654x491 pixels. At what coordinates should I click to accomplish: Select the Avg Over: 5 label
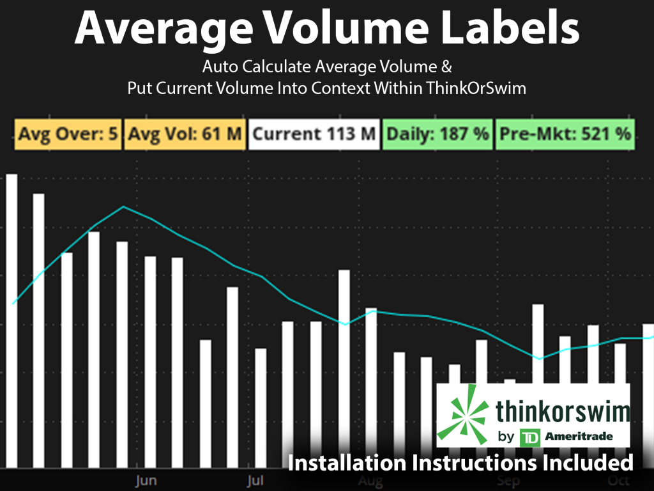tap(68, 134)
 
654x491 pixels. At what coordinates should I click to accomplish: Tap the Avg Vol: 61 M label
tap(185, 134)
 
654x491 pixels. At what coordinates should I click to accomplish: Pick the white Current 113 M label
tap(314, 134)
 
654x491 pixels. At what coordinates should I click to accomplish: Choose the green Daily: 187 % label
tap(437, 134)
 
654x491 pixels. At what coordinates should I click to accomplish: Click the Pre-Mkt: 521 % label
tap(565, 134)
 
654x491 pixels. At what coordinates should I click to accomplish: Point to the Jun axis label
tap(146, 479)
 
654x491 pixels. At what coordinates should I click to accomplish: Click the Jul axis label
tap(255, 479)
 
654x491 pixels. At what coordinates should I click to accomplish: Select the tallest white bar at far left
tap(11, 320)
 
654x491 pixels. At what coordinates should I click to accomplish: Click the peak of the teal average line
tap(123, 207)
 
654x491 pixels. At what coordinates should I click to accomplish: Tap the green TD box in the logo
tap(529, 438)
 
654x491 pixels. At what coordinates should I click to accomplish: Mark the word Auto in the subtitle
tap(221, 67)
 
